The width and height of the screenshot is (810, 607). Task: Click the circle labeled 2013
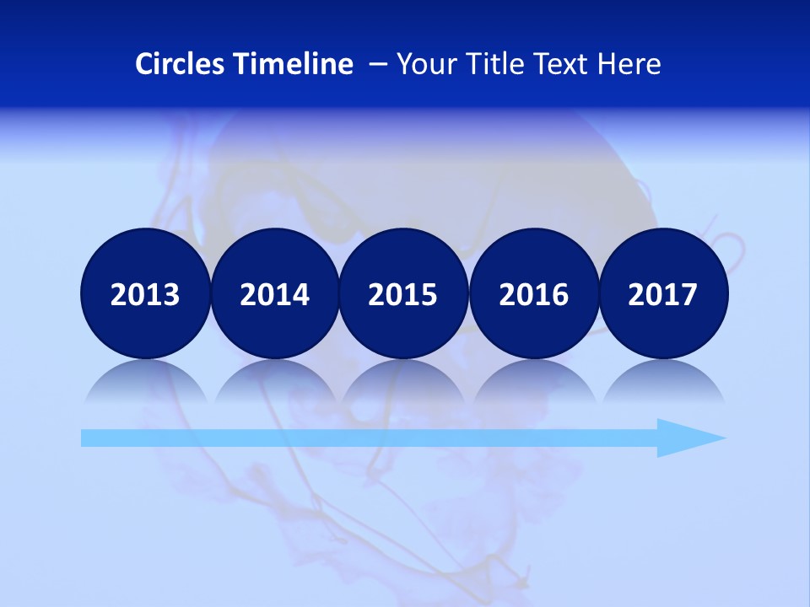pyautogui.click(x=145, y=293)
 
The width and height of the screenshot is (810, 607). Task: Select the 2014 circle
pyautogui.click(x=274, y=293)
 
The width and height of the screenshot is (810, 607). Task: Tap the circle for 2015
pyautogui.click(x=403, y=293)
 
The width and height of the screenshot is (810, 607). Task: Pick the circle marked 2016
pyautogui.click(x=533, y=293)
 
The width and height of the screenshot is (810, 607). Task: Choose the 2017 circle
pyautogui.click(x=662, y=293)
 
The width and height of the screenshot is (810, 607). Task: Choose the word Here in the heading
pyautogui.click(x=629, y=64)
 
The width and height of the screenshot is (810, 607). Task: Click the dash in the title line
pyautogui.click(x=377, y=64)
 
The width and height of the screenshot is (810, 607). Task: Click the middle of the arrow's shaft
pyautogui.click(x=371, y=438)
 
